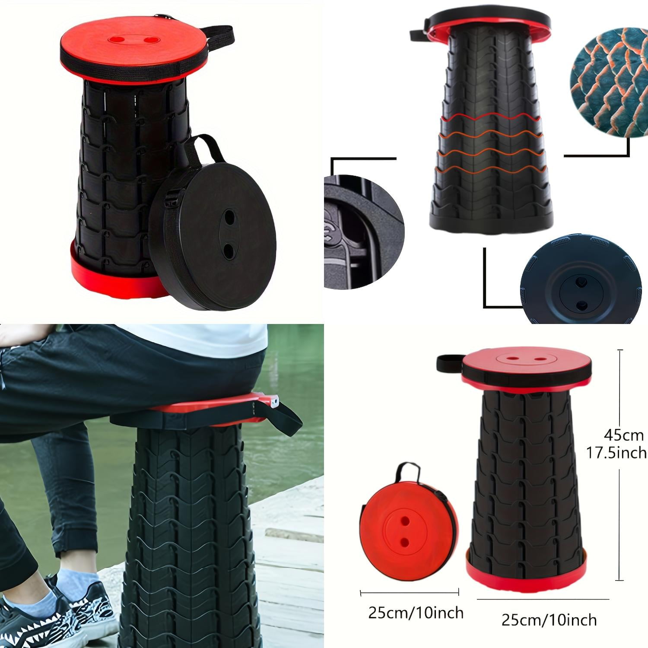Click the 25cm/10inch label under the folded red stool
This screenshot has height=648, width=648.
point(416,613)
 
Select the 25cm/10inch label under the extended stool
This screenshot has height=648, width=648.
point(549,620)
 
